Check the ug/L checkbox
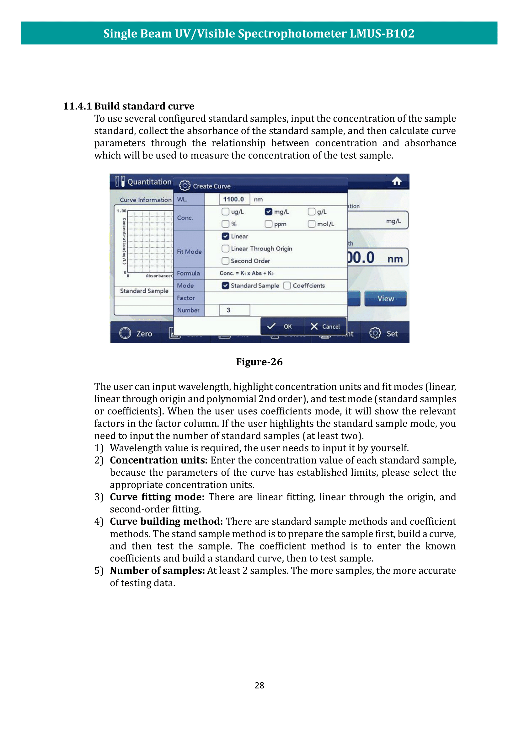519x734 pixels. [225, 212]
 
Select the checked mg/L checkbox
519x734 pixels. [269, 212]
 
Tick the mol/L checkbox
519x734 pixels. [311, 224]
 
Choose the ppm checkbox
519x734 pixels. [269, 224]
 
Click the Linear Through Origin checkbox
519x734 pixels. [225, 249]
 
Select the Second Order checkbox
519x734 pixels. [225, 261]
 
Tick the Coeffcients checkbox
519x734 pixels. [287, 286]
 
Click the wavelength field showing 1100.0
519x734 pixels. [234, 199]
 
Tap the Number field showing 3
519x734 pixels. [234, 310]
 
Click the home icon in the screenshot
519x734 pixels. [397, 182]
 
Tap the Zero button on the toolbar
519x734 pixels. [136, 334]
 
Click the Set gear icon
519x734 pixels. [375, 333]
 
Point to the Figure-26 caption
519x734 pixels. [259, 362]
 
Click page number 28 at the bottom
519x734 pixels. [259, 685]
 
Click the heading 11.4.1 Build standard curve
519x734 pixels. [128, 106]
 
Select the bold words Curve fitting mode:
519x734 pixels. [157, 497]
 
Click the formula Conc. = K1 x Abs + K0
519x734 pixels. [246, 273]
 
